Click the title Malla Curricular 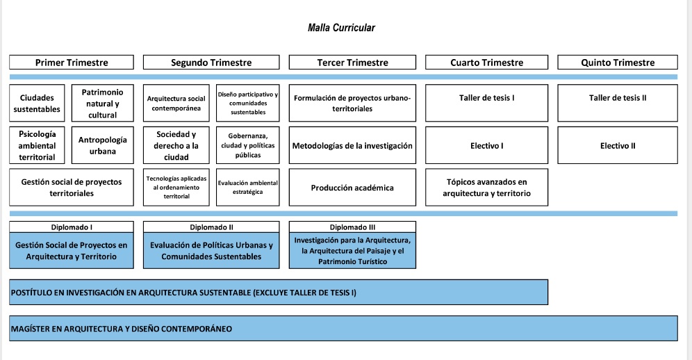coord(341,28)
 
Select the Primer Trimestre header coord(72,63)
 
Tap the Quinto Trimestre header coord(618,63)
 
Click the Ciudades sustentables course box coord(37,103)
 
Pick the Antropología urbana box coord(102,145)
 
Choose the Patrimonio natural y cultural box coord(102,103)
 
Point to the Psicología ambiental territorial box coord(37,145)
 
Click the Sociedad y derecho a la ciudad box coord(176,145)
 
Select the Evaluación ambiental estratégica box coord(247,187)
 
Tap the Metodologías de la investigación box coord(352,145)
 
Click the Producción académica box coord(352,187)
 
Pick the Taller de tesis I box coord(486,103)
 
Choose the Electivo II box coord(618,145)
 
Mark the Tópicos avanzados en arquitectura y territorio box coord(486,187)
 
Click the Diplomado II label coord(211,227)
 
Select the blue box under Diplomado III coord(352,250)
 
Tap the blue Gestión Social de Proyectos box coord(72,250)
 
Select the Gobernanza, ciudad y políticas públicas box coord(247,145)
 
